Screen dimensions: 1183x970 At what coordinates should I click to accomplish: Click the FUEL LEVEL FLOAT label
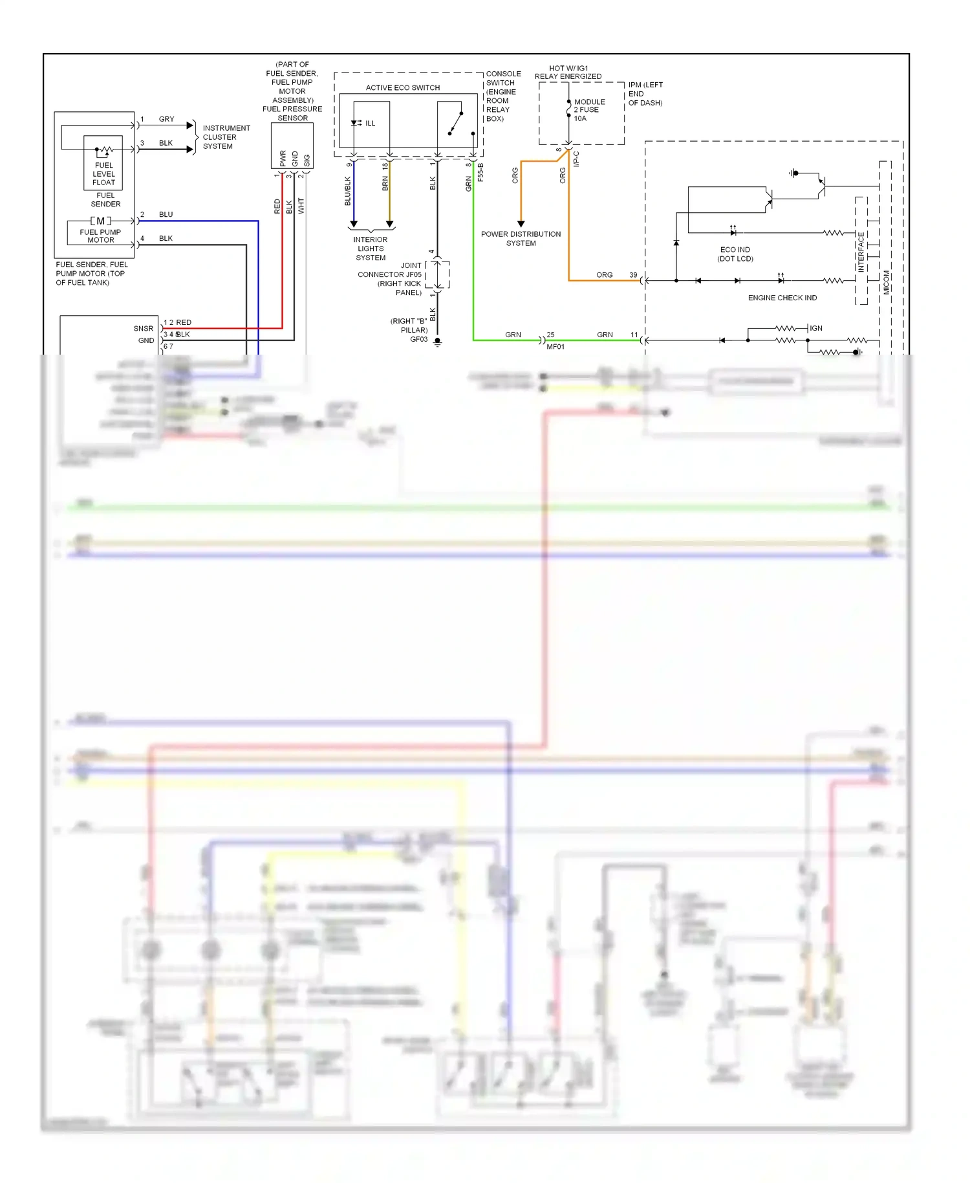(x=103, y=173)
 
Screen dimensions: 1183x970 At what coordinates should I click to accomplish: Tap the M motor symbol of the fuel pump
(x=100, y=221)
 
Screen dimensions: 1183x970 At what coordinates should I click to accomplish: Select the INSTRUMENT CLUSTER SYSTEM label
(x=226, y=137)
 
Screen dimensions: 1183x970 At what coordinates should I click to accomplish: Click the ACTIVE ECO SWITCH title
(x=402, y=87)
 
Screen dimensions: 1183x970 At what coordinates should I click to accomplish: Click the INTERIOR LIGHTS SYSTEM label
(x=371, y=249)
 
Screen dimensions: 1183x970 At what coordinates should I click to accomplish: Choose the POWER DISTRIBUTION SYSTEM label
(x=521, y=238)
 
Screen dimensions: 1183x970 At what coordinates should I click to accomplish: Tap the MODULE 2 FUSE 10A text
(x=588, y=110)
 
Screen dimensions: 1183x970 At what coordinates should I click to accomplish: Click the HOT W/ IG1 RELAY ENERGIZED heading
(x=568, y=72)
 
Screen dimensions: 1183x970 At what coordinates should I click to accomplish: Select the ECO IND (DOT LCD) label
(x=735, y=254)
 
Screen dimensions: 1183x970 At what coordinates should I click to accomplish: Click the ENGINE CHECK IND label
(x=782, y=298)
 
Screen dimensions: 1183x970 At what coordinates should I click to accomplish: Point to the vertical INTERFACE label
(x=861, y=252)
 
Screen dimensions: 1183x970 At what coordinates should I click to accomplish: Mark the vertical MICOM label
(x=886, y=282)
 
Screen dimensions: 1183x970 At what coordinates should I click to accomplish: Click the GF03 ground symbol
(x=438, y=342)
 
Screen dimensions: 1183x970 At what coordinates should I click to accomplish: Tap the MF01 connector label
(x=555, y=347)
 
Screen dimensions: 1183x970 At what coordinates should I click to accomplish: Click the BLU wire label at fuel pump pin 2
(x=166, y=214)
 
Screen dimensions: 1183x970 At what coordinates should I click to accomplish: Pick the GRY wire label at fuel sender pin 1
(x=166, y=119)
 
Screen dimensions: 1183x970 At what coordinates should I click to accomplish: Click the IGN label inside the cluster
(x=816, y=328)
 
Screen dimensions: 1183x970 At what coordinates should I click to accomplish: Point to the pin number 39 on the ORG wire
(x=633, y=275)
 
